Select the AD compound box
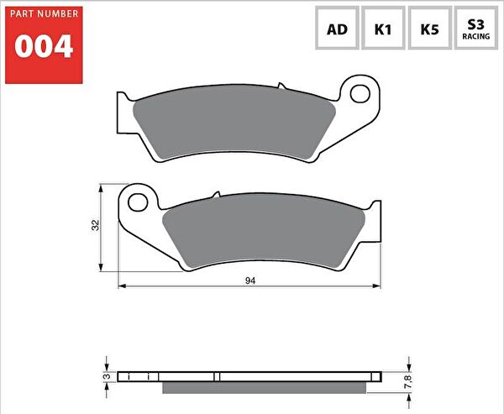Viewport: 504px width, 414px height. (337, 29)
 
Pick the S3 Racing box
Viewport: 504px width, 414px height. (477, 29)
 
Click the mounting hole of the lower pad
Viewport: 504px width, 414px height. (139, 202)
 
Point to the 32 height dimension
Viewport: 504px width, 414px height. (96, 225)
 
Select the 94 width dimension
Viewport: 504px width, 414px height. (250, 280)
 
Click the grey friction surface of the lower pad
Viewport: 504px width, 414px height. (265, 232)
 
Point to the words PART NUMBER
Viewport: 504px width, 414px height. (45, 14)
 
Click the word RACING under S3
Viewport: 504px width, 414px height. (477, 37)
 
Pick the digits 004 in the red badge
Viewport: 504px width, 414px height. (45, 48)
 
